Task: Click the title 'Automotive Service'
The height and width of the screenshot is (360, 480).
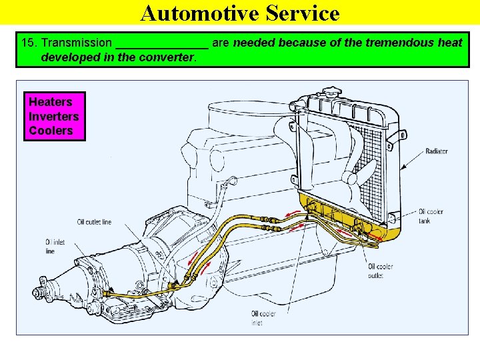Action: click(240, 13)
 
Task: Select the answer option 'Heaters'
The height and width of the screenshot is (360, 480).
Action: click(50, 102)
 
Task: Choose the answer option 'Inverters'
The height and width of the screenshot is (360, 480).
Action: click(53, 117)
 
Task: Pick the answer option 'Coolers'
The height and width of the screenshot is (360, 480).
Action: click(51, 131)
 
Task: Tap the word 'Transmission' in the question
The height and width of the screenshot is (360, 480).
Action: click(77, 43)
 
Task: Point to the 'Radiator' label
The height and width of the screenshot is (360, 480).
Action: click(437, 151)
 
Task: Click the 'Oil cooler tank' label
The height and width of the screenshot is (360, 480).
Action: click(431, 216)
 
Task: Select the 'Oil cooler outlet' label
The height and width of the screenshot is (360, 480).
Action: click(380, 270)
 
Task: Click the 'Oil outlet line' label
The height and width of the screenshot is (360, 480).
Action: click(94, 222)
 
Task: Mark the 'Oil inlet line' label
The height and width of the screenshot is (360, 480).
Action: click(51, 247)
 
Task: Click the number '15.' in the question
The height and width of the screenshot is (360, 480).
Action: click(29, 43)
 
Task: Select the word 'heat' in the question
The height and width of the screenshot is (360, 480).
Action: click(450, 43)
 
